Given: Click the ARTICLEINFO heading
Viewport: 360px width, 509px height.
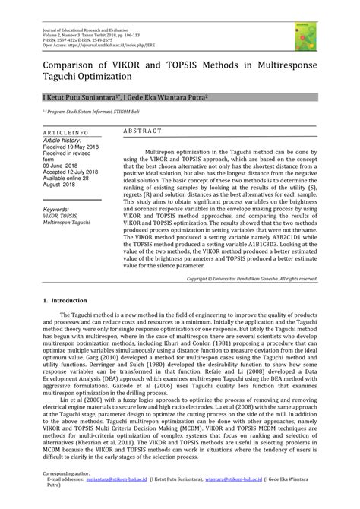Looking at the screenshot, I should pyautogui.click(x=64, y=132).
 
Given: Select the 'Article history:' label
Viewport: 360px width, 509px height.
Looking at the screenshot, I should pyautogui.click(x=62, y=140).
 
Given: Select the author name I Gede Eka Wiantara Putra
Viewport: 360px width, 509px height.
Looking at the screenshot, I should pyautogui.click(x=163, y=99).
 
